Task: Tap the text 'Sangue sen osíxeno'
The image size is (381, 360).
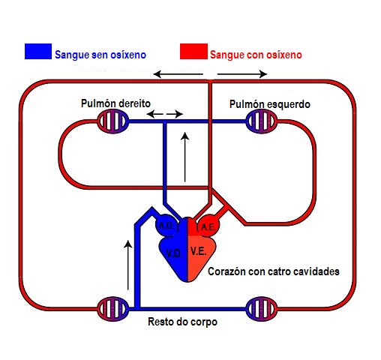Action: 100,54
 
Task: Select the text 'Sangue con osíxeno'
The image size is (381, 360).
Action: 256,54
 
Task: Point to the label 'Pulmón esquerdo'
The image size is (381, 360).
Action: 269,103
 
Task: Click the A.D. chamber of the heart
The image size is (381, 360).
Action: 166,226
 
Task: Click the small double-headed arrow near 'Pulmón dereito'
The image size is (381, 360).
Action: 164,114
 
